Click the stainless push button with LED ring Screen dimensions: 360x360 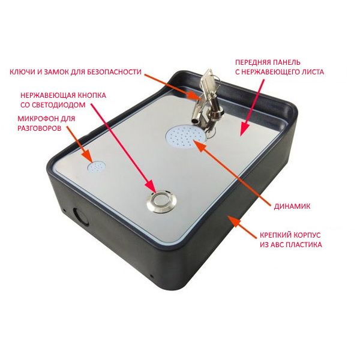coord(161,202)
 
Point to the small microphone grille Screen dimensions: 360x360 coord(96,167)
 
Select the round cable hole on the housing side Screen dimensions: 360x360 coord(80,217)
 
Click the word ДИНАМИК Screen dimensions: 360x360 coord(292,206)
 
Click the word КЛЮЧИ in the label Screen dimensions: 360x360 coord(22,72)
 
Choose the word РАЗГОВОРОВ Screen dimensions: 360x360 coord(40,128)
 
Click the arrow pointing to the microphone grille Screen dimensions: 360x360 coord(80,145)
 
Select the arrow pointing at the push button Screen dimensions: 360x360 coord(124,149)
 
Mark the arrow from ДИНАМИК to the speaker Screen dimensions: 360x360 coord(232,171)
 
